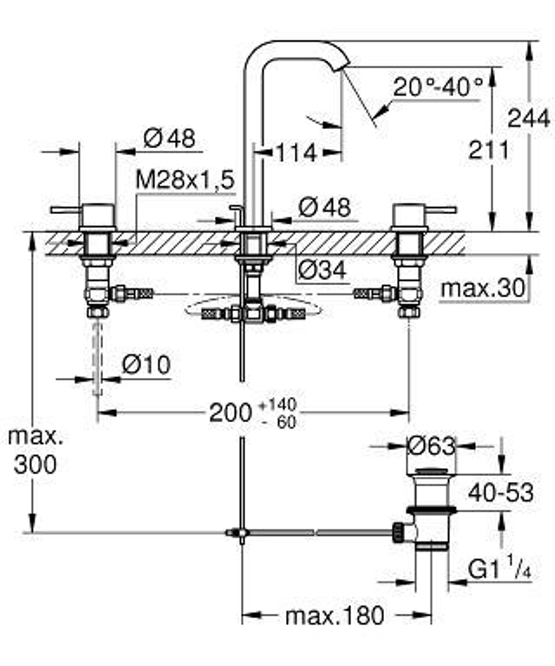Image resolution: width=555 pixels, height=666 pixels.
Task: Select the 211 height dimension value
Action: (488, 150)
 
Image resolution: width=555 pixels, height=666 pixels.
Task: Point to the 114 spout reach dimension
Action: (296, 153)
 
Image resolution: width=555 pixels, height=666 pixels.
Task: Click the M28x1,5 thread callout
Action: (185, 180)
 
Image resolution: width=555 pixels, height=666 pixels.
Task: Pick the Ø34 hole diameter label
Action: (322, 270)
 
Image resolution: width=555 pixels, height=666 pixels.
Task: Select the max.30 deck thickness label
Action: (482, 289)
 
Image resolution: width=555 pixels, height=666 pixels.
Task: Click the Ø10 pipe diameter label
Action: (146, 365)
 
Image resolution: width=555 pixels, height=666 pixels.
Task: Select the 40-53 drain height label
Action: (500, 492)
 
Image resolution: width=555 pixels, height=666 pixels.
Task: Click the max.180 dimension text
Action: (334, 616)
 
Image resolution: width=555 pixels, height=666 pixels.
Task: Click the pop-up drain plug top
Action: (431, 472)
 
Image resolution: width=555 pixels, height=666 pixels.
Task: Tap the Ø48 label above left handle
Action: (169, 139)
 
